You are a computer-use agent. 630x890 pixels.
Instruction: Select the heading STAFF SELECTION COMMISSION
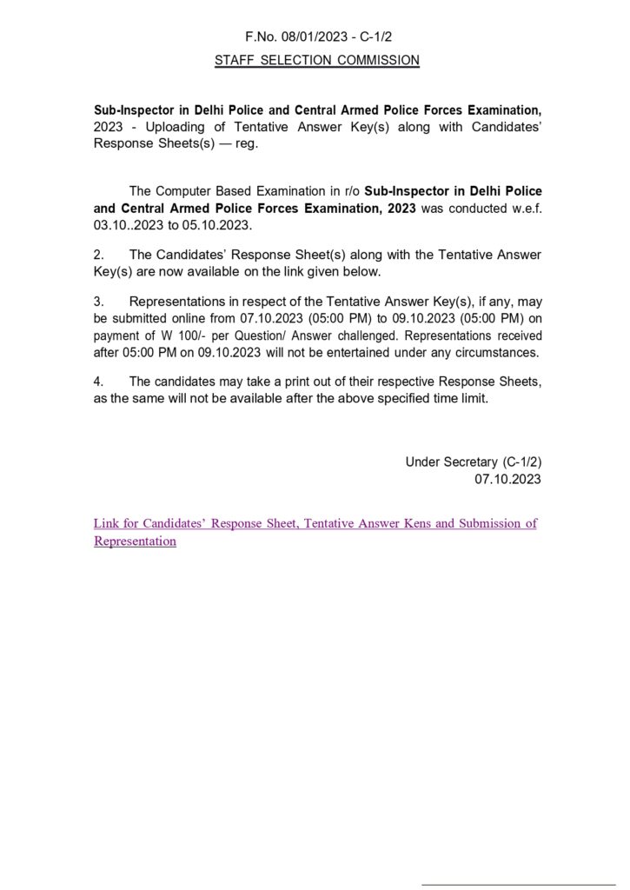(317, 60)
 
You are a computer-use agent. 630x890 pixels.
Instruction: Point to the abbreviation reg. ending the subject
(247, 143)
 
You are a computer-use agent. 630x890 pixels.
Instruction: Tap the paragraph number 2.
(99, 255)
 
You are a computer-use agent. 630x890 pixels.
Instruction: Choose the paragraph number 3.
(99, 302)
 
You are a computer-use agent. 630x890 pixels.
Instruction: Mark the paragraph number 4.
(99, 382)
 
